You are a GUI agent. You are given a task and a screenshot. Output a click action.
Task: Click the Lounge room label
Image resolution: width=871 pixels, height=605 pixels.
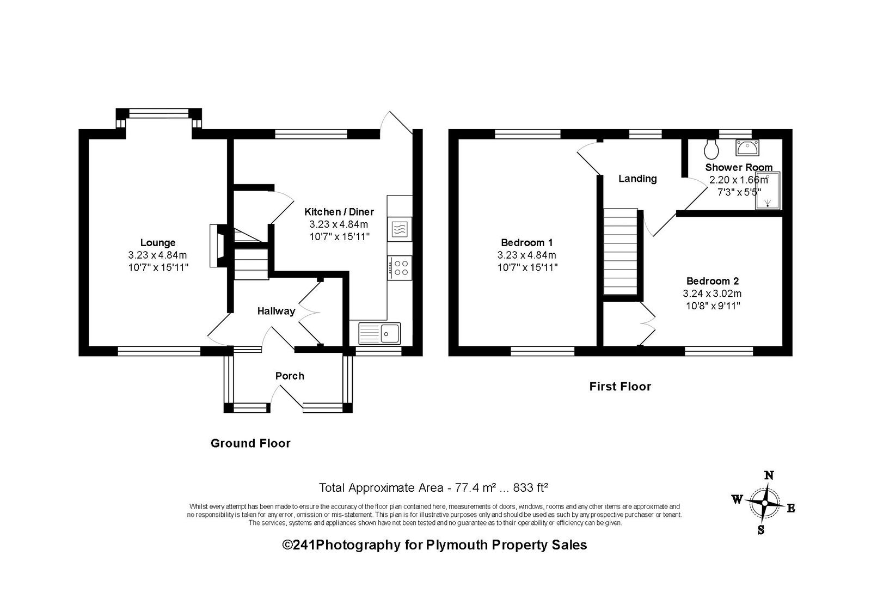point(158,243)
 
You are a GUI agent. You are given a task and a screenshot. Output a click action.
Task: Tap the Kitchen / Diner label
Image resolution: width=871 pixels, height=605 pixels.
point(339,212)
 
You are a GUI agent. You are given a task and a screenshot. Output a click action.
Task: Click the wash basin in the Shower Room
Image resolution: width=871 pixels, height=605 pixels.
point(747,148)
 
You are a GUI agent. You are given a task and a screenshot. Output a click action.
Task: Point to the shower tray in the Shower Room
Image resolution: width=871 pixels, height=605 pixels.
point(768,191)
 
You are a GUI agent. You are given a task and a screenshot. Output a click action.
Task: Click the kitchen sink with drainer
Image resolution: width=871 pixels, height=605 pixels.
point(379,333)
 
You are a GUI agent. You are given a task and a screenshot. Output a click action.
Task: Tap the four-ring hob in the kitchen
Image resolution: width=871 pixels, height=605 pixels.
point(400,268)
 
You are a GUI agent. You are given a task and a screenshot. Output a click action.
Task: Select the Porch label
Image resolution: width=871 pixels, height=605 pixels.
point(290,376)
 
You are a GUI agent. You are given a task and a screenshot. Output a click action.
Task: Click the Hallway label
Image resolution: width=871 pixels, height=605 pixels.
point(276,311)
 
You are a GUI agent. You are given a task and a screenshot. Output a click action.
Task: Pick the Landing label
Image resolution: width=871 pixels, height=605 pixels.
point(637,179)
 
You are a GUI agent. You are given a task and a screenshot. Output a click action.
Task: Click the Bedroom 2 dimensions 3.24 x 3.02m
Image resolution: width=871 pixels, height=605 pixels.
point(713,294)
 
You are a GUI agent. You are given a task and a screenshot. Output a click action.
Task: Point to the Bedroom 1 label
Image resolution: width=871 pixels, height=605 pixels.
point(527,243)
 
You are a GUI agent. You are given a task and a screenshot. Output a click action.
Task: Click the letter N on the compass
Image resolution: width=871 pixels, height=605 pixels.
point(769,475)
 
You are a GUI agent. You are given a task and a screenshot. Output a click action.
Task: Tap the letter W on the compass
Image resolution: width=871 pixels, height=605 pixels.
point(737,499)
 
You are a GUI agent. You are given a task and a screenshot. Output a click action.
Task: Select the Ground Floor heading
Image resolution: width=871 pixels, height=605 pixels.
point(250,443)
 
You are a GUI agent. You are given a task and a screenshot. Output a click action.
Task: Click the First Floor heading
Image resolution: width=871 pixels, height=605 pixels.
point(620,386)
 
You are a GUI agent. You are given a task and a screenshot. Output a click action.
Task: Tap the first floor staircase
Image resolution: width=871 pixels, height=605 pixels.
point(620,252)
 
